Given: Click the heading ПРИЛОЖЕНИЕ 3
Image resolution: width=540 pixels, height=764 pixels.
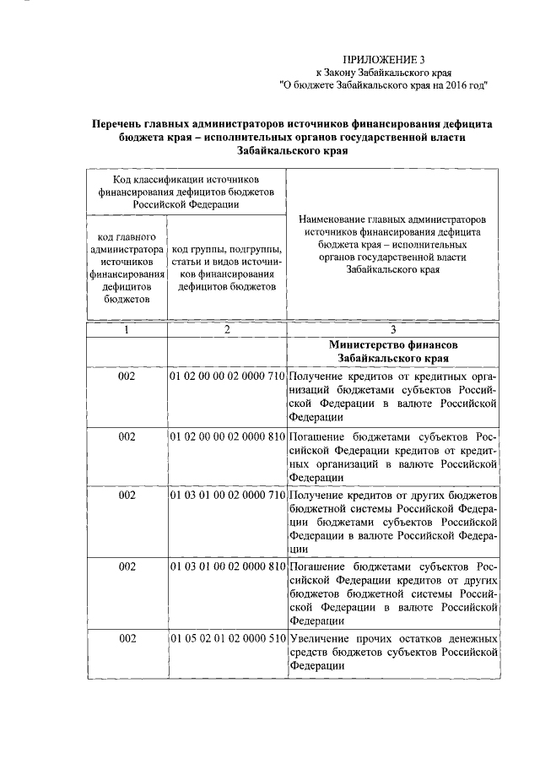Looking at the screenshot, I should (381, 60).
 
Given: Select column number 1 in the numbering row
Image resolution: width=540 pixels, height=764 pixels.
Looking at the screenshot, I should (127, 330).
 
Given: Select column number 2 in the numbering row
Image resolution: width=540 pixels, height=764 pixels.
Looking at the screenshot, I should (227, 330).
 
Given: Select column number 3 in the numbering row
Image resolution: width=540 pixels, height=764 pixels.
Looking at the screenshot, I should (392, 330).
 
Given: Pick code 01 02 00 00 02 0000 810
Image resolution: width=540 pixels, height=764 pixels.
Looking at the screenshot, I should (228, 437).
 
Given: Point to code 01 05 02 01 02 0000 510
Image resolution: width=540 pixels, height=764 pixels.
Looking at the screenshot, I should (228, 638).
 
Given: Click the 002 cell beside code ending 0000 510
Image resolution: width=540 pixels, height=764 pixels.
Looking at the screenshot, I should (127, 638).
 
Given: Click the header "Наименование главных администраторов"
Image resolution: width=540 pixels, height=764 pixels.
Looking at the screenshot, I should (392, 219).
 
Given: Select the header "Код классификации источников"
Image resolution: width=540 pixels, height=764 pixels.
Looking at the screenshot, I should (186, 179).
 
